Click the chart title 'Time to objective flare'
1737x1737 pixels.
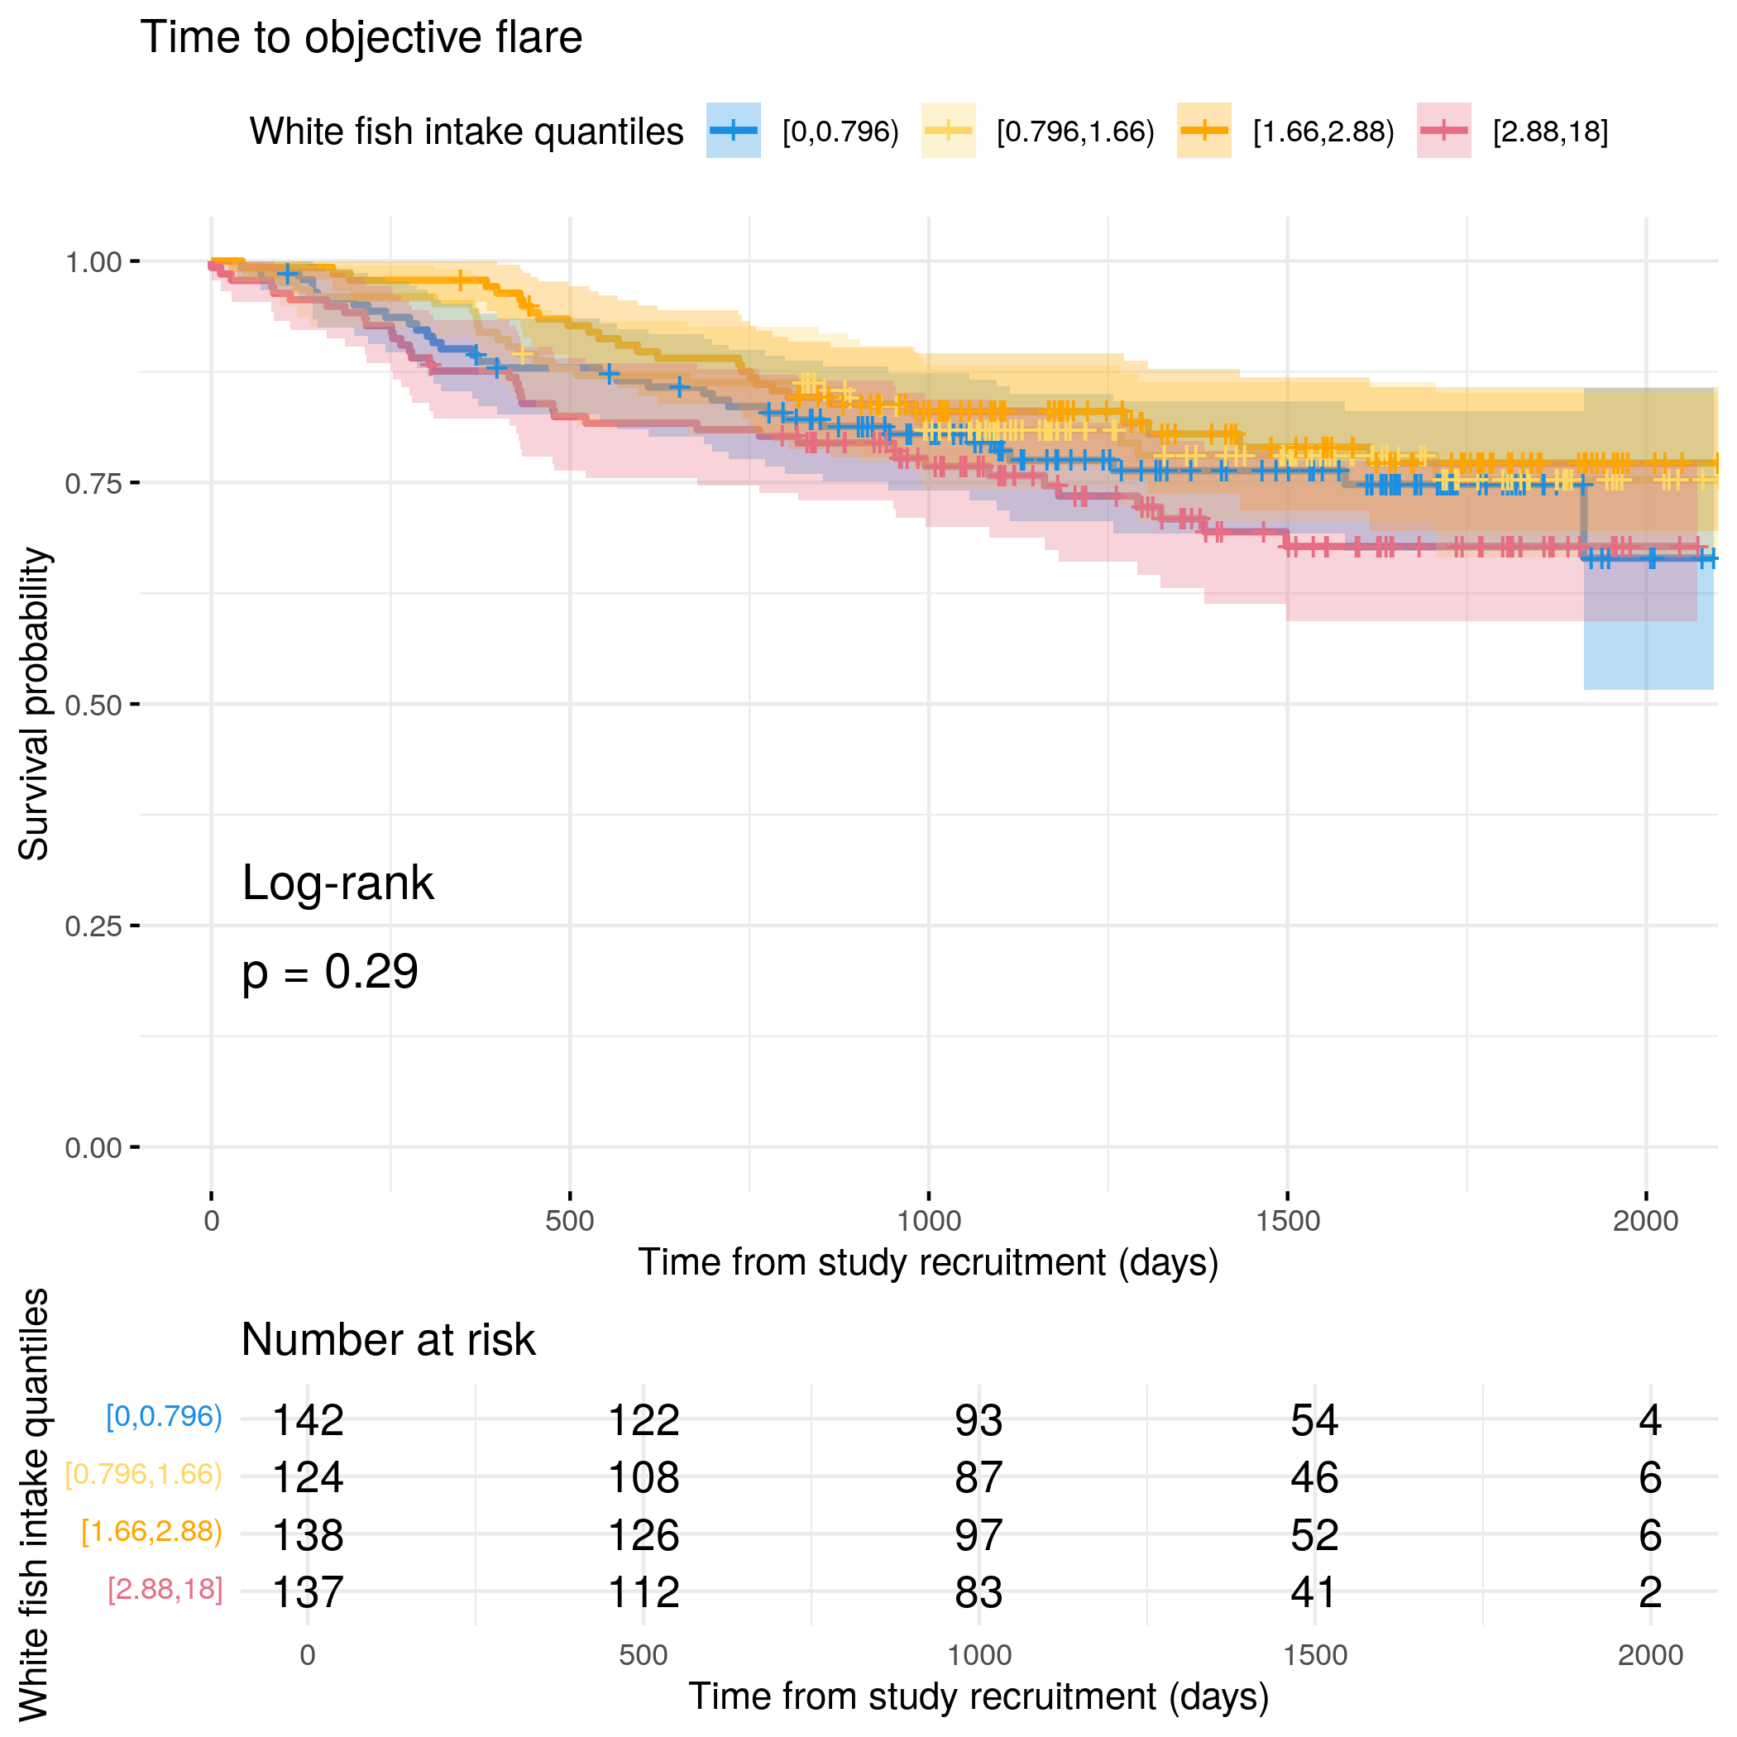361,39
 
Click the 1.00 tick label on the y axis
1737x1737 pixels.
93,262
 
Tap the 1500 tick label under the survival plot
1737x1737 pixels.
1288,1221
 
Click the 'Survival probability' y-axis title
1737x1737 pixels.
34,704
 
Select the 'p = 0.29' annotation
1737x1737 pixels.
330,972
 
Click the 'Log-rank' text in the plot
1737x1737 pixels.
338,883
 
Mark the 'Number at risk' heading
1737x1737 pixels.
389,1340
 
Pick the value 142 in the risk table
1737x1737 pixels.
308,1420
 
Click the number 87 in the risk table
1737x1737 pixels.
979,1477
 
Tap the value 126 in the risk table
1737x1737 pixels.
644,1534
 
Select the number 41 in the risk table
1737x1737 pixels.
1314,1592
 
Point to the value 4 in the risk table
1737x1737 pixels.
1650,1420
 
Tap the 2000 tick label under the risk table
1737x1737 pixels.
1651,1655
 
